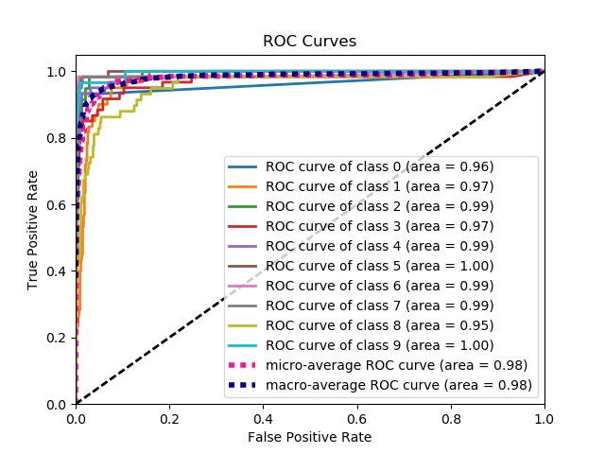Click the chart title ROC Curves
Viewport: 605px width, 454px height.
pos(310,41)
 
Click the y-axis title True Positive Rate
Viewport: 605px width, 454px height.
pos(33,230)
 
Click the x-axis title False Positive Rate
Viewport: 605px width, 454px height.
pos(310,437)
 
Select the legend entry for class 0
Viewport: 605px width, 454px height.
pos(379,166)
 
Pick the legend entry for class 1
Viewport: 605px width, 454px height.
pos(379,186)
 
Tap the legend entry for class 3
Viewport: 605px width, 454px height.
pos(379,226)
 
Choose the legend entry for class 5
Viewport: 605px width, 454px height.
pos(379,266)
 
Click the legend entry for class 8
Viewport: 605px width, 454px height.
pos(379,325)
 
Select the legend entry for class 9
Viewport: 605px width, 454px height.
pos(379,345)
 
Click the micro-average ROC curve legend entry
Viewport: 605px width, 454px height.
pos(396,365)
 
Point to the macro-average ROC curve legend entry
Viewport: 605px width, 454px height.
pos(397,385)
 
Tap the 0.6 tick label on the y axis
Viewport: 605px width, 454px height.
pos(58,204)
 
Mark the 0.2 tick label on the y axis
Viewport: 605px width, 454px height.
pos(58,338)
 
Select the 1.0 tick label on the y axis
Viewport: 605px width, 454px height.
pos(58,72)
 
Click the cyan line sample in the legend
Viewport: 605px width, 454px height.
pos(244,345)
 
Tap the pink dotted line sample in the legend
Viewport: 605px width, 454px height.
pos(244,365)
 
